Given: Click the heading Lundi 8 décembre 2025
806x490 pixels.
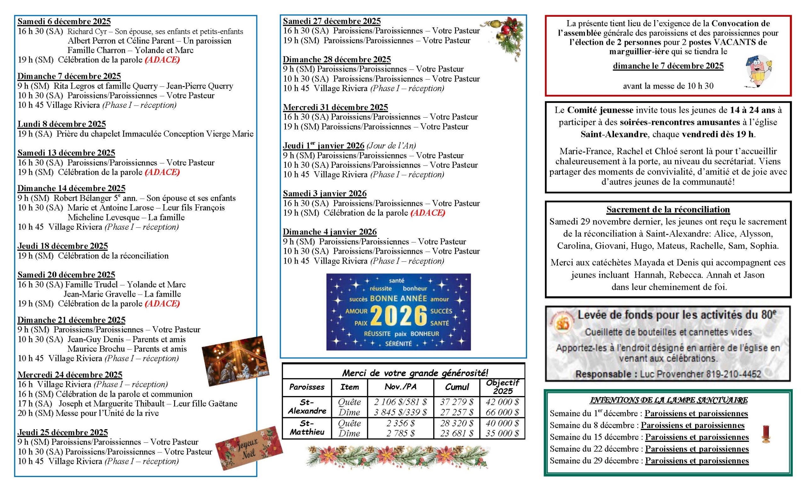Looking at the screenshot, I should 61,124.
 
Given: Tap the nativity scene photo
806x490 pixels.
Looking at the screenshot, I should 236,360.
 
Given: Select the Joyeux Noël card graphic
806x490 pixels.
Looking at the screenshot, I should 249,448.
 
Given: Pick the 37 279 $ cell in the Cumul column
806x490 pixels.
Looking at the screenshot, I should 457,402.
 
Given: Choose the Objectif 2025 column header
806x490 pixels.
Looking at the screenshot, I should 502,387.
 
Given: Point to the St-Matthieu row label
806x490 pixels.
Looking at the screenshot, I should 307,428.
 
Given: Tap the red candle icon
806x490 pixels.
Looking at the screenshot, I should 766,434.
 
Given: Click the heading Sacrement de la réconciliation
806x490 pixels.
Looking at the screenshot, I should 668,210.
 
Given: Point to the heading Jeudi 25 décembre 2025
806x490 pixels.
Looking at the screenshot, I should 62,432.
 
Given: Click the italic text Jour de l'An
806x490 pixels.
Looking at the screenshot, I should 391,146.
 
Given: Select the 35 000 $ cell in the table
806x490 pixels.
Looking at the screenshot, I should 502,433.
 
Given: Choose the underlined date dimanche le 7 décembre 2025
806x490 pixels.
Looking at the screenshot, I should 668,66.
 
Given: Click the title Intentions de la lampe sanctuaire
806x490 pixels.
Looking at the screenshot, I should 669,400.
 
